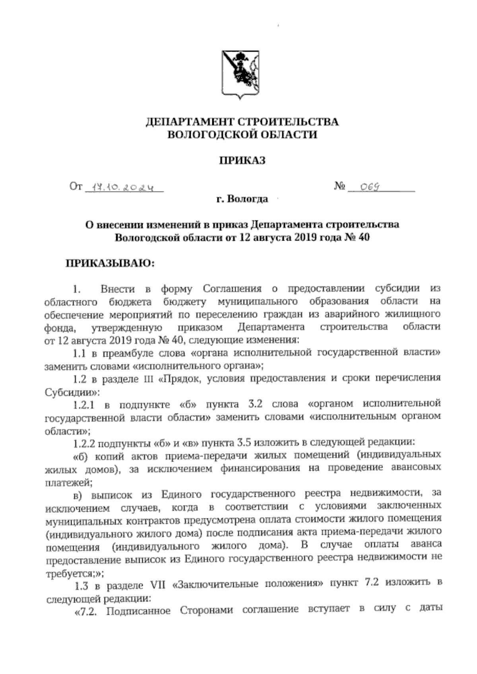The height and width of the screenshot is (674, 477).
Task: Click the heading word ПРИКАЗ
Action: pyautogui.click(x=242, y=160)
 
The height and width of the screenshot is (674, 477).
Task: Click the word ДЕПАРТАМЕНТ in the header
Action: pyautogui.click(x=188, y=122)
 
